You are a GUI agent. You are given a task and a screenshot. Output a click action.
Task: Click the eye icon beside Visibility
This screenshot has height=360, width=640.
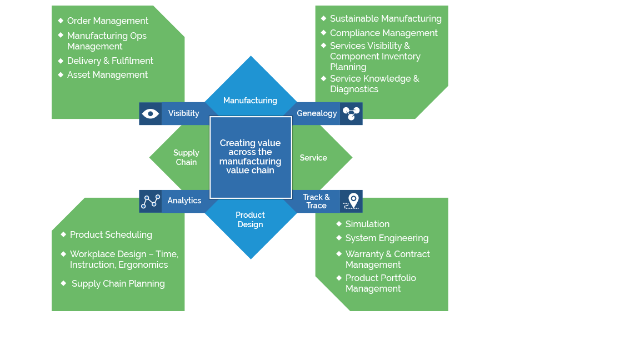pos(150,114)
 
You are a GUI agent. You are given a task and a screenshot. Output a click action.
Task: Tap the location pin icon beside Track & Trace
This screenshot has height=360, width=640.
pos(351,201)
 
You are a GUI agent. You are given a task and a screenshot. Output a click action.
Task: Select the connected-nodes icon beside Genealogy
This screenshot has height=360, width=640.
pos(351,113)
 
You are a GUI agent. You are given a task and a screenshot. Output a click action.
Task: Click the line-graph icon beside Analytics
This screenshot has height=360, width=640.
pos(150,201)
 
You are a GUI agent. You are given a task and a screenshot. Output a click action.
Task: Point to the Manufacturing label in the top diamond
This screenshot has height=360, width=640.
pos(250,101)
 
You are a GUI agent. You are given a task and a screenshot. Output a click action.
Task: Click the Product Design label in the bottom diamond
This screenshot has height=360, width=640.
pos(250,219)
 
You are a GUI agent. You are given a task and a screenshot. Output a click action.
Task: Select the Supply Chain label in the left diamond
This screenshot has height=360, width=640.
pos(186,157)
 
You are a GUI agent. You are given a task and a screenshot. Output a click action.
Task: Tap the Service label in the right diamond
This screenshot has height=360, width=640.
pos(313,158)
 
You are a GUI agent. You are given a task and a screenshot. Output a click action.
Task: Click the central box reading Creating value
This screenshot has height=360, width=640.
pos(251,157)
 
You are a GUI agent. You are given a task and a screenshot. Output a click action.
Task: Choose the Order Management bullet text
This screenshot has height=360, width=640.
pos(108,21)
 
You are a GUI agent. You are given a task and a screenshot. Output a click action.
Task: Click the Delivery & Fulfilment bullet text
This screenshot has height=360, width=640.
pos(110,61)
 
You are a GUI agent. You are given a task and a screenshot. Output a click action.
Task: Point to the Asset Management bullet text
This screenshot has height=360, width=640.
pos(107,75)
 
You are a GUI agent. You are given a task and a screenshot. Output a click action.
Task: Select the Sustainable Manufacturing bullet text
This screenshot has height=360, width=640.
pos(386,19)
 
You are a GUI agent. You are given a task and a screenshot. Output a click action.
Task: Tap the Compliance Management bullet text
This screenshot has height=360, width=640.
pos(384,33)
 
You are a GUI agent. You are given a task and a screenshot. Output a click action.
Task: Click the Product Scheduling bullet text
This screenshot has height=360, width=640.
pos(111,235)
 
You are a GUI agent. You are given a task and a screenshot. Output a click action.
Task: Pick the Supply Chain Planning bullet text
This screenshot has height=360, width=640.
pos(118,284)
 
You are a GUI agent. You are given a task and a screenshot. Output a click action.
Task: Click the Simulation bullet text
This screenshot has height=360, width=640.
pos(367,224)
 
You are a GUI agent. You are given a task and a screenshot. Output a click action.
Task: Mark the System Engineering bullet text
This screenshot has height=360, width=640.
pos(387,238)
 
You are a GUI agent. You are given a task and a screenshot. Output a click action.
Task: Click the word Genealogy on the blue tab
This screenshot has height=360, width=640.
pos(317,113)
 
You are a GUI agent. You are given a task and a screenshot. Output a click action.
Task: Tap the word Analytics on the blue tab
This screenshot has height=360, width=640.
pos(184,201)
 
